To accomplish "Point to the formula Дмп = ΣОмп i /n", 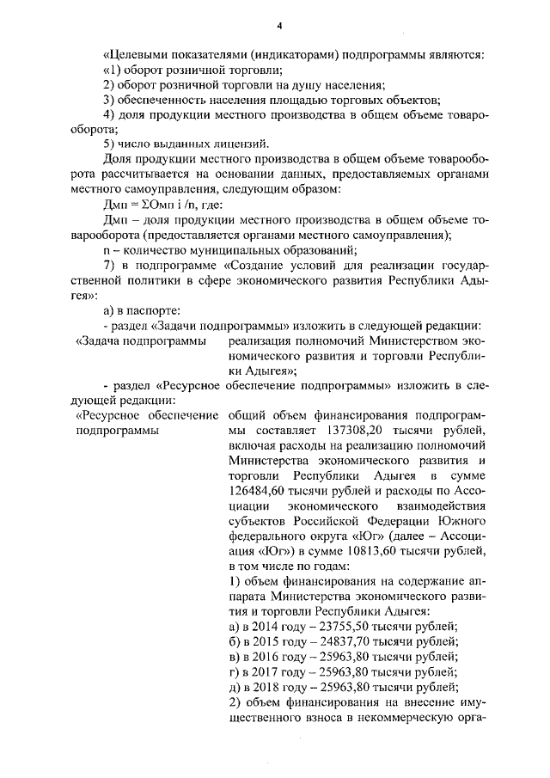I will coord(150,203).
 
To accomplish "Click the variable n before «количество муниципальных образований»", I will coord(106,249).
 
